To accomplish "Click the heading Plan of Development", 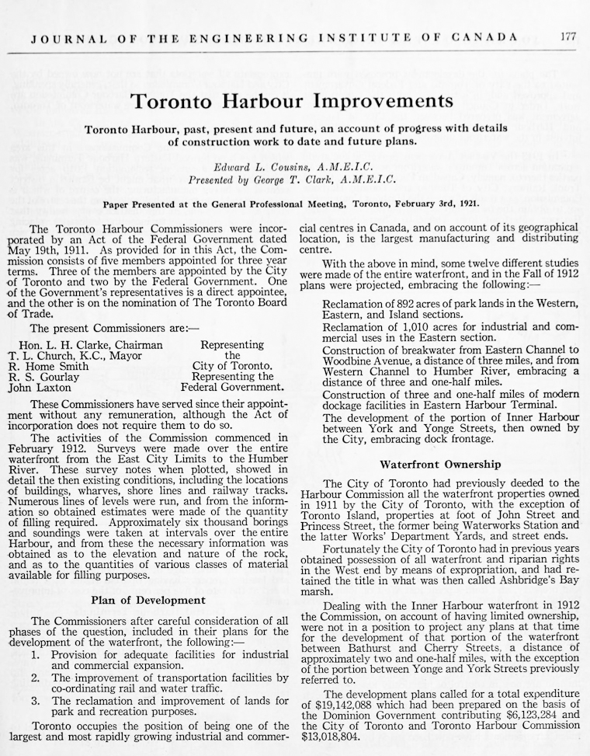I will (x=148, y=600).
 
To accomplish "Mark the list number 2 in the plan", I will (x=36, y=678).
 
